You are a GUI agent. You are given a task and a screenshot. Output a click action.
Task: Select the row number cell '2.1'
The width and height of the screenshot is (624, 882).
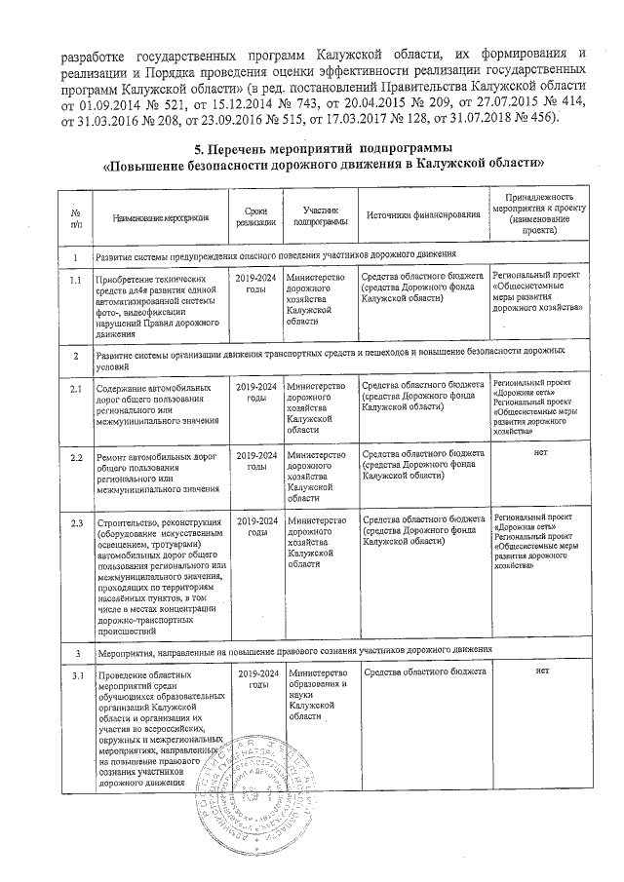(x=75, y=390)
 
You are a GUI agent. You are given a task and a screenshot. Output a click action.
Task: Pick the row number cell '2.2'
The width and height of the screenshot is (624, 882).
(x=75, y=455)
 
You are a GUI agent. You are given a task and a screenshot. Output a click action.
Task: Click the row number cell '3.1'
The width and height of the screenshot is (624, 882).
(x=75, y=675)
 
